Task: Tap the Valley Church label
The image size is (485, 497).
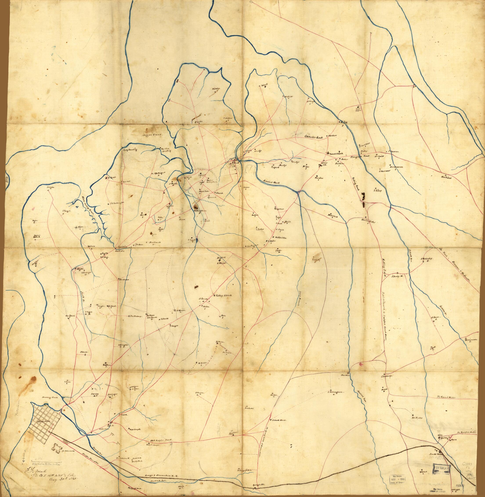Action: tap(224, 296)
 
